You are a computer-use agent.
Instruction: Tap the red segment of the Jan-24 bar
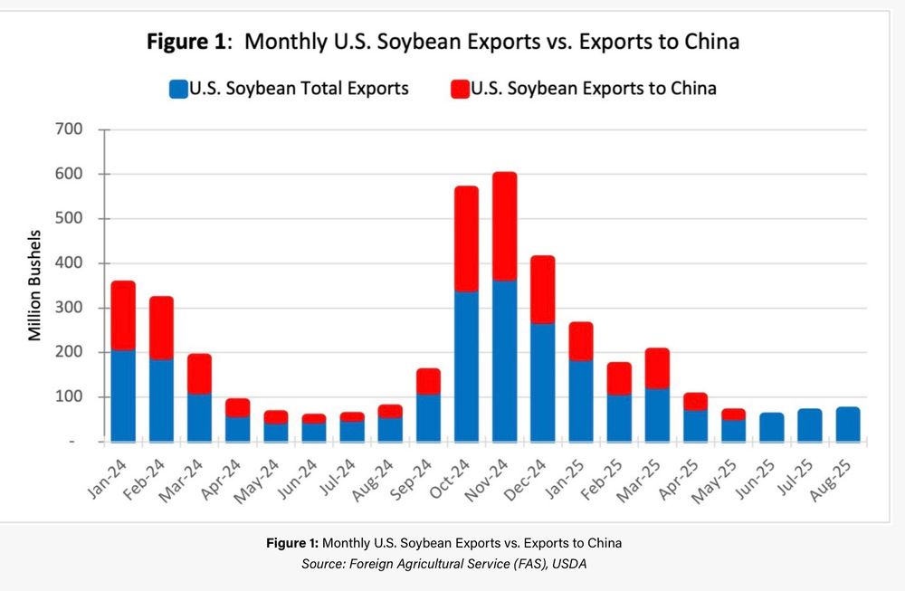point(122,315)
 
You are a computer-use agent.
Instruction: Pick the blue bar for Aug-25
point(848,424)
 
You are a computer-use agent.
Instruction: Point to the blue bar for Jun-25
point(771,427)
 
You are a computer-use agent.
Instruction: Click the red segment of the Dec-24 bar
point(542,290)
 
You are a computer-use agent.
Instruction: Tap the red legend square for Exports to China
point(460,89)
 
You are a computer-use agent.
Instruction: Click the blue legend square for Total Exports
point(178,89)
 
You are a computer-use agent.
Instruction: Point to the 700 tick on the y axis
point(70,129)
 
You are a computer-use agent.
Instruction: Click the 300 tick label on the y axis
point(70,308)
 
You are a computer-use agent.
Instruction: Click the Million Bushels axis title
point(35,286)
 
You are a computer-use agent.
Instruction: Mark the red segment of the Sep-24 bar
point(427,381)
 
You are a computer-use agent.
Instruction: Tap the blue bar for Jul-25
point(810,425)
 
